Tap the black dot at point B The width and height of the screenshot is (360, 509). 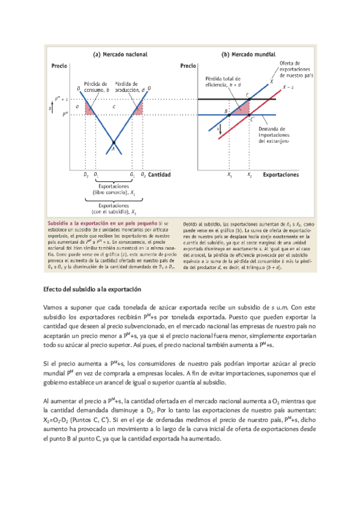[x=229, y=114]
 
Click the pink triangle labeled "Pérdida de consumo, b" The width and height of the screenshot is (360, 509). [x=90, y=109]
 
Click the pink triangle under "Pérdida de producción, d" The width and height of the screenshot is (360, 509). [x=137, y=109]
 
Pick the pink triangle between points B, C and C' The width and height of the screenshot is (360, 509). [x=242, y=108]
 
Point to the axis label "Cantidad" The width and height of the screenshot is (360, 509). [x=160, y=175]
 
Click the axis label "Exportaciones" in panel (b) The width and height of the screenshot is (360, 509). [x=279, y=175]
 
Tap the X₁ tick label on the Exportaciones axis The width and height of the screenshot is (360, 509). [x=229, y=175]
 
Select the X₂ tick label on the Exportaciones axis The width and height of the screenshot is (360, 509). [x=249, y=175]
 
